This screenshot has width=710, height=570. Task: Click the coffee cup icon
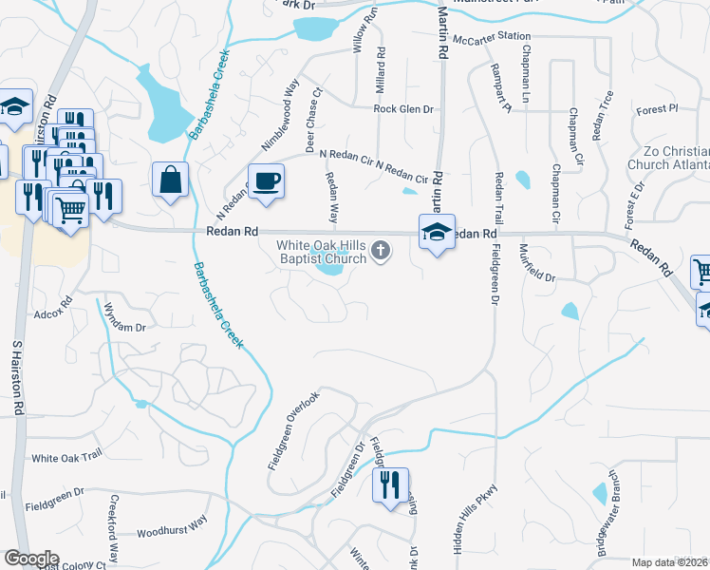266,180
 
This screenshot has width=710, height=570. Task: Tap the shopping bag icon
171,180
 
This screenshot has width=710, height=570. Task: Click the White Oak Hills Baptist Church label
321,252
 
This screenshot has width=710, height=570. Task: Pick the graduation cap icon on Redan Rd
437,233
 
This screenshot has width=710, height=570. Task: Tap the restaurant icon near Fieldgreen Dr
390,486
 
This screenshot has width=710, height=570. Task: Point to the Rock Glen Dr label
403,109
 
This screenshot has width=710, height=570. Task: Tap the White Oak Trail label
66,458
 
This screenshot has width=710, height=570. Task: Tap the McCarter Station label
492,37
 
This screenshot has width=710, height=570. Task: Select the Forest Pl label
657,109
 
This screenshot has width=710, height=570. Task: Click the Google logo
31,559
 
